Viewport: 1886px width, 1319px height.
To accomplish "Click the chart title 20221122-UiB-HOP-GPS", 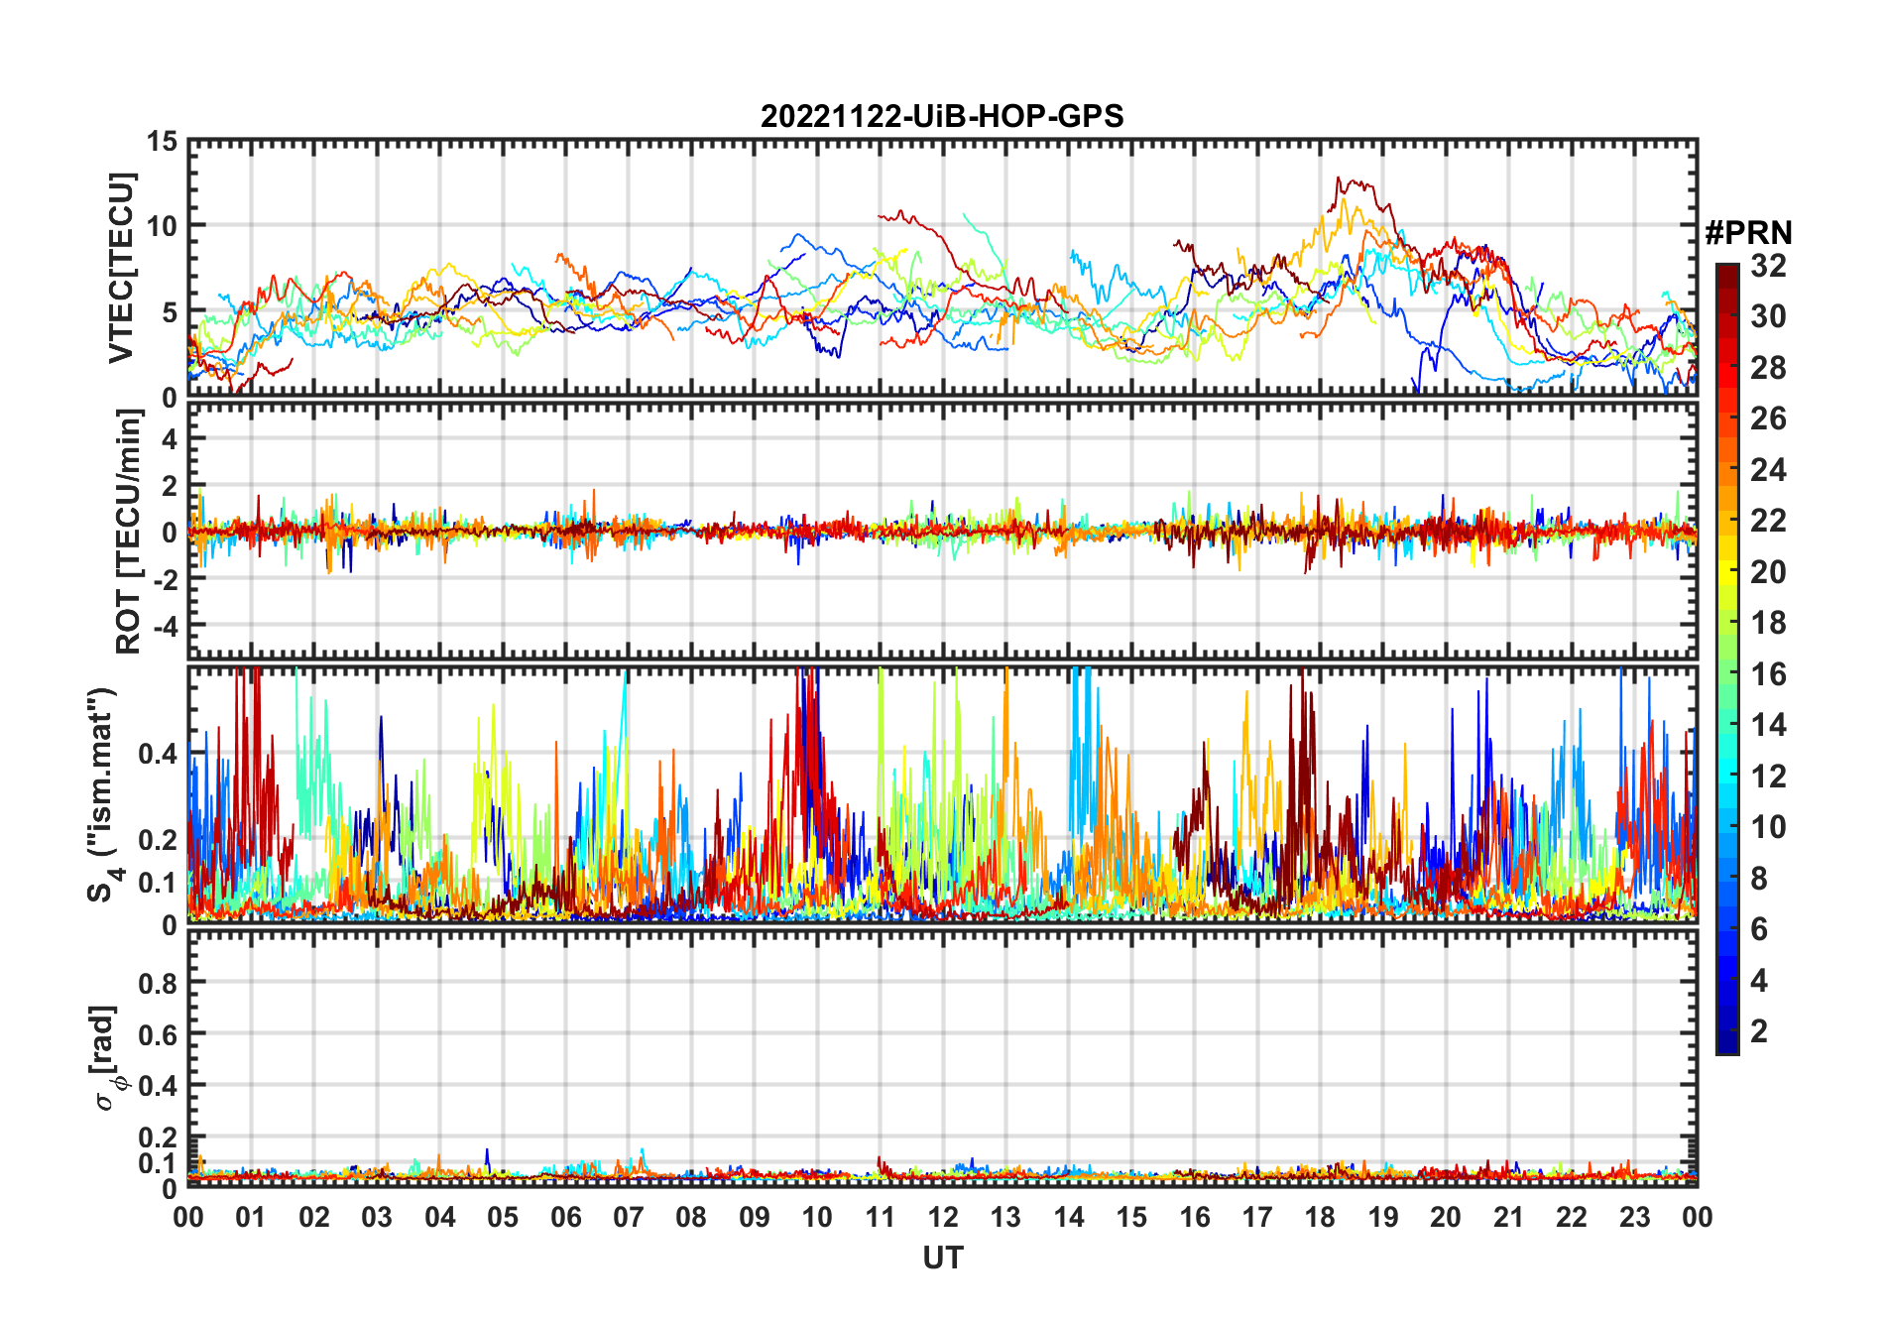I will coord(942,117).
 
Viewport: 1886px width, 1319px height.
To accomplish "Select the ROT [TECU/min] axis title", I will coord(129,531).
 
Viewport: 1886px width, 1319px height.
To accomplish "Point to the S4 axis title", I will coord(103,795).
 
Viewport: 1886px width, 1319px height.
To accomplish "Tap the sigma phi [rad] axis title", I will coord(105,1058).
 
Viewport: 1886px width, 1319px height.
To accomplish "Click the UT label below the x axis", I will coord(942,1259).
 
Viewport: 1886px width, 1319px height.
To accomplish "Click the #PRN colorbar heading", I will coord(1748,233).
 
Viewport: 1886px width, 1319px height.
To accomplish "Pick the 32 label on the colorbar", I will coord(1768,266).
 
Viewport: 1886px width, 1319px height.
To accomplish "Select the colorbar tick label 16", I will coord(1768,674).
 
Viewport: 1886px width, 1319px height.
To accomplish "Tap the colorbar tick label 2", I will coord(1759,1031).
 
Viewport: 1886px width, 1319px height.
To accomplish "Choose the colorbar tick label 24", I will coord(1768,470).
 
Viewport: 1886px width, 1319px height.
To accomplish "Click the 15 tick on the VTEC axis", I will coord(163,142).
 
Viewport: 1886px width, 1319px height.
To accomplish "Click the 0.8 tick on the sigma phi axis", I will coord(159,983).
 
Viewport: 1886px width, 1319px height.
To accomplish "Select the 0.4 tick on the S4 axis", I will coord(159,754).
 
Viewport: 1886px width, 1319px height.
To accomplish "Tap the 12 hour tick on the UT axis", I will coord(943,1217).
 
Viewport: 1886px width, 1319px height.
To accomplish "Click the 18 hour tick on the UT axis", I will coord(1320,1217).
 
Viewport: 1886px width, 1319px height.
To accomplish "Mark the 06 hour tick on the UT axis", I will coord(566,1217).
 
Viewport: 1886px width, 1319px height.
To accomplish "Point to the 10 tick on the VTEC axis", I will coord(163,226).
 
